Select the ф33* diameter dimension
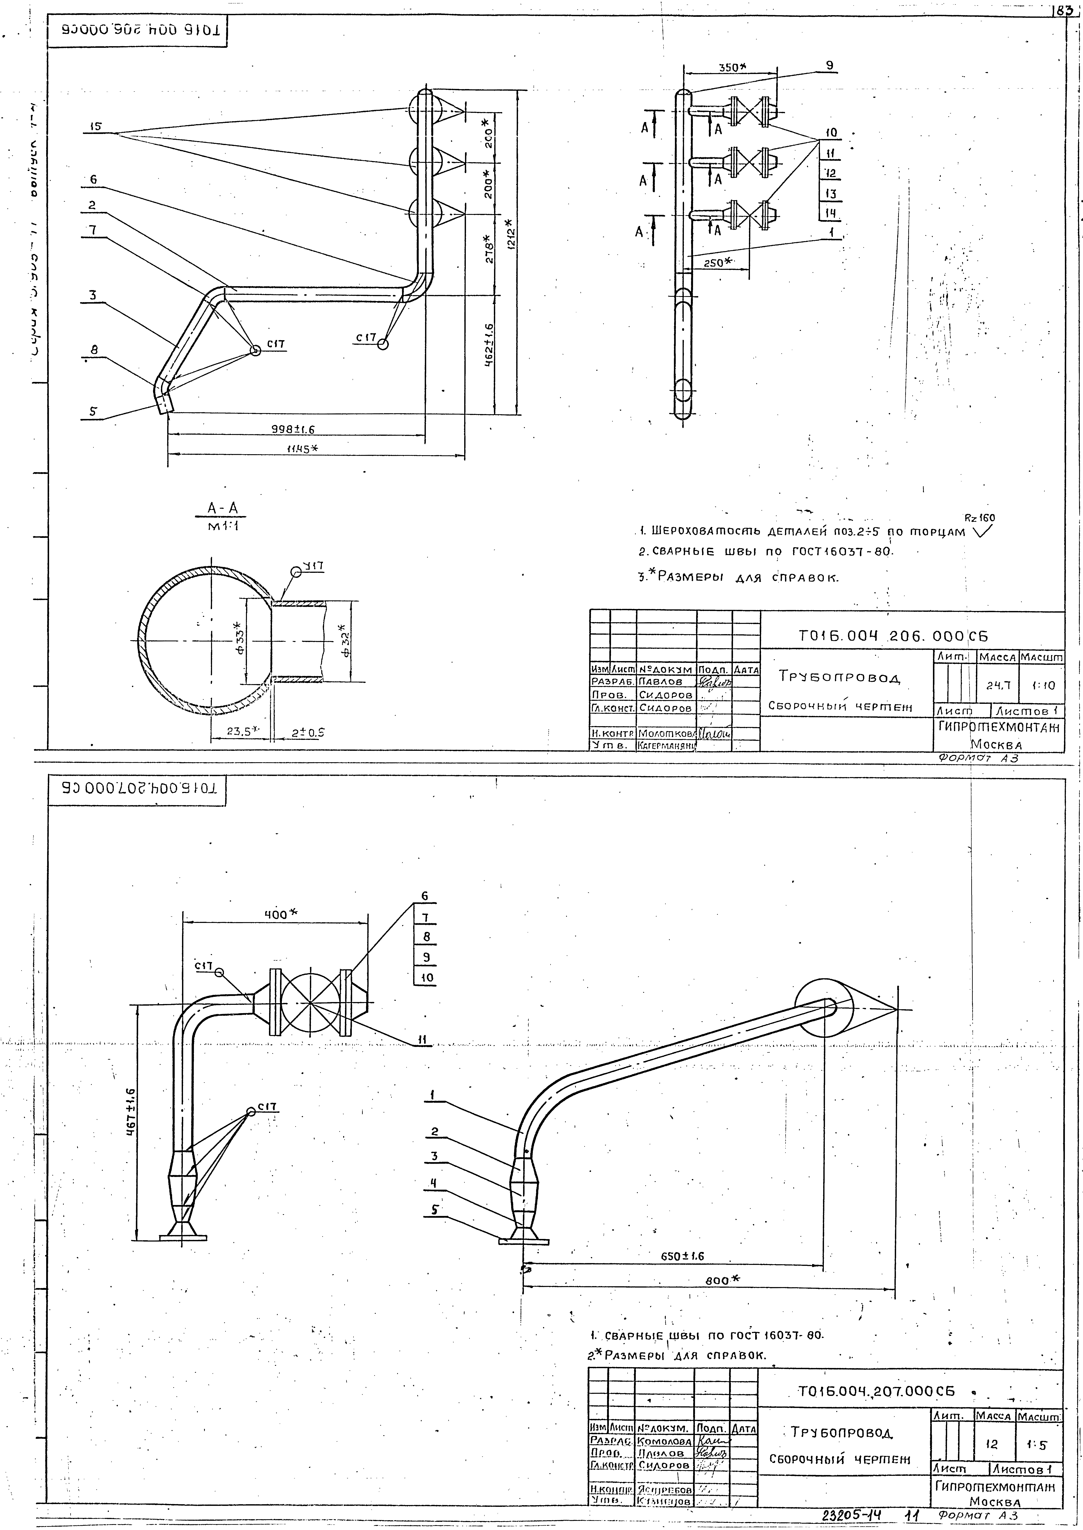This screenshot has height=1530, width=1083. point(240,639)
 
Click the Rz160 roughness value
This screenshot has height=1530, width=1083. point(979,518)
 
